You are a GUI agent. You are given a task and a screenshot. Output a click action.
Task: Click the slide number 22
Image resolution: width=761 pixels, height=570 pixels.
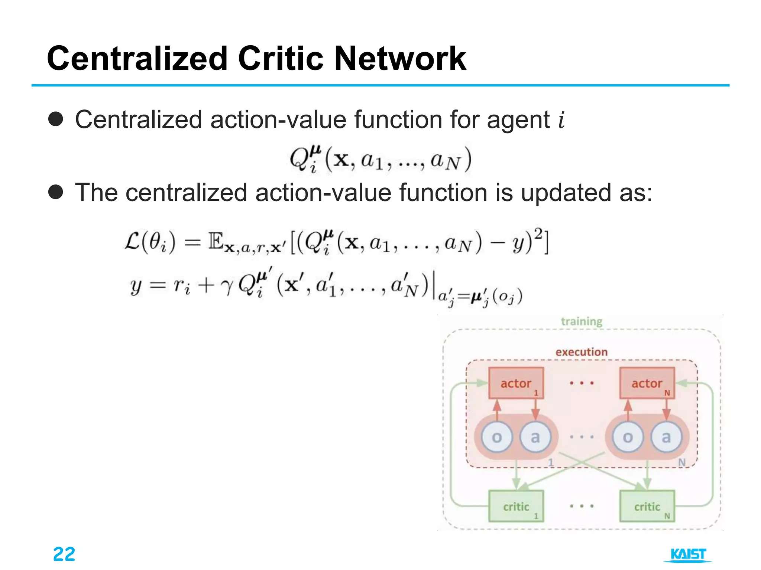[x=64, y=554]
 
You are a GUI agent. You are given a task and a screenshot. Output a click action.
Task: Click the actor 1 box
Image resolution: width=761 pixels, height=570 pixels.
[x=516, y=383]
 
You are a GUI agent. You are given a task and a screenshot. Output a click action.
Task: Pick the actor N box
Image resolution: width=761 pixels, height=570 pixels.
[x=647, y=383]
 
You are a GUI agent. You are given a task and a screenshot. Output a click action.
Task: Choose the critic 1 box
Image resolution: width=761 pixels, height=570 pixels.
[x=516, y=506]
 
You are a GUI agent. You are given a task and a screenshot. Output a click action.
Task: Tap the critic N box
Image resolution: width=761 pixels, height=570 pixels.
[x=647, y=506]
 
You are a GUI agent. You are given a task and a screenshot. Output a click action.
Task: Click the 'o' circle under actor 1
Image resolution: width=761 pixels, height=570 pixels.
[x=497, y=437]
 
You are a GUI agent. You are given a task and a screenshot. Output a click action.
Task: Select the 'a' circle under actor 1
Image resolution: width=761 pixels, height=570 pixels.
[x=535, y=437]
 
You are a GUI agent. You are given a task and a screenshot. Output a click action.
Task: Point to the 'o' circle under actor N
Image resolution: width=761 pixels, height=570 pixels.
[x=628, y=437]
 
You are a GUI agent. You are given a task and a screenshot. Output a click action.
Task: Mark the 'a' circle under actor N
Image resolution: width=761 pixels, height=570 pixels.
[x=666, y=437]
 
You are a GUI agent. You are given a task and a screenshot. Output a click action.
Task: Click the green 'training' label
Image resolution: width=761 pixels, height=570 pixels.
[x=582, y=321]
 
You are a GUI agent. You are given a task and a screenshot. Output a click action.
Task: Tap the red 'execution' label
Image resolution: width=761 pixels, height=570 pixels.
[x=582, y=352]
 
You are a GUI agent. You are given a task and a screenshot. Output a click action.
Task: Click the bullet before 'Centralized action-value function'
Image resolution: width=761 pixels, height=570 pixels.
[x=56, y=119]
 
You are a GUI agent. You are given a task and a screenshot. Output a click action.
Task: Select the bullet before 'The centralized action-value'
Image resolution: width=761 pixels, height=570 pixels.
[x=56, y=192]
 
